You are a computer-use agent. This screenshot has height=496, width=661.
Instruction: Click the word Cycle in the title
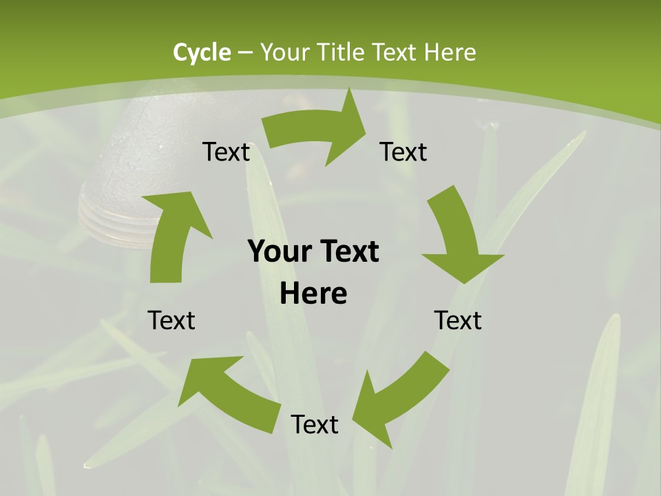pyautogui.click(x=202, y=52)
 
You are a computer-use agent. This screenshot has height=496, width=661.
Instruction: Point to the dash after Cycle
pyautogui.click(x=245, y=53)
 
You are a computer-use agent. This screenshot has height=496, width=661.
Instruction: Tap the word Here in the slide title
pyautogui.click(x=450, y=52)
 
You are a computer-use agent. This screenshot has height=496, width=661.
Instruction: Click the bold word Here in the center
pyautogui.click(x=313, y=294)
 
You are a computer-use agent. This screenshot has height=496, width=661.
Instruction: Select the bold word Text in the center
pyautogui.click(x=348, y=252)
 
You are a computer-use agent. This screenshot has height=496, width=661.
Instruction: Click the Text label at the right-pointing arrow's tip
pyautogui.click(x=403, y=152)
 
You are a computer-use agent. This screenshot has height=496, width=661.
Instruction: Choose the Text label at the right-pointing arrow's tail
pyautogui.click(x=226, y=152)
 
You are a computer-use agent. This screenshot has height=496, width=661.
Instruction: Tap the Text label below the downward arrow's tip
pyautogui.click(x=458, y=320)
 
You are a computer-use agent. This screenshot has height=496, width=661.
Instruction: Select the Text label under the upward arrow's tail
pyautogui.click(x=172, y=320)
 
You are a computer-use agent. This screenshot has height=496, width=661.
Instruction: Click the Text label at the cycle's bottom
pyautogui.click(x=315, y=424)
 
